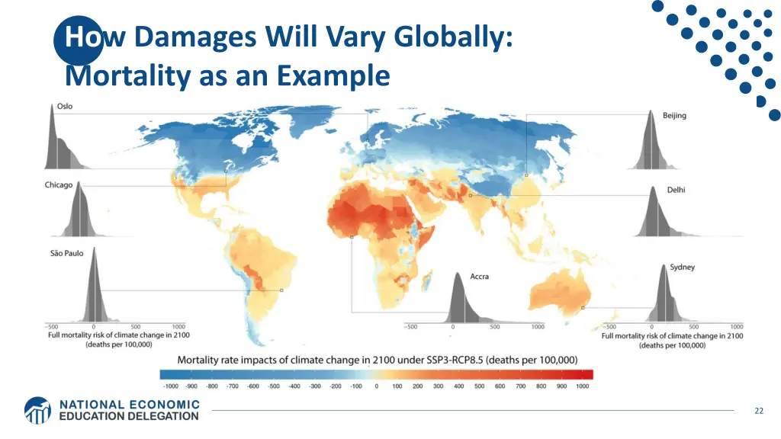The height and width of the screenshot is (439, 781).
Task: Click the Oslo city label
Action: point(65,106)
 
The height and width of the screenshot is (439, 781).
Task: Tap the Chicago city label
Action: point(59,185)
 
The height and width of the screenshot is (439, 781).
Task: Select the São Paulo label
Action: point(67,254)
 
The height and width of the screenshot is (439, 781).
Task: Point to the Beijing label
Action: point(674,116)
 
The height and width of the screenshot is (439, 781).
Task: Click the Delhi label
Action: point(676,190)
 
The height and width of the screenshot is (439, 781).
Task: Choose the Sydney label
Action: point(682,268)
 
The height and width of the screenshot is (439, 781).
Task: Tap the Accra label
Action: point(479,277)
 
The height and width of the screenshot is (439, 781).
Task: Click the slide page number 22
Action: point(758,411)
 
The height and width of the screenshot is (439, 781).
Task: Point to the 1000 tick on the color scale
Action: point(583,386)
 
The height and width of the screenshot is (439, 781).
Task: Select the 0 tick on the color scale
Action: point(376,386)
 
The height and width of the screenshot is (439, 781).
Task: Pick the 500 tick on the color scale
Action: point(479,386)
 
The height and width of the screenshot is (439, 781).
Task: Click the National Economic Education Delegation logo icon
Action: point(38,409)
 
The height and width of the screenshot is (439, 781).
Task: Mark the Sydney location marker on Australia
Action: point(583,308)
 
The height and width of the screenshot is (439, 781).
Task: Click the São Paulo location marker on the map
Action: point(281,290)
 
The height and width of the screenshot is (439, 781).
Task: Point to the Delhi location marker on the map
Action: point(471,196)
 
